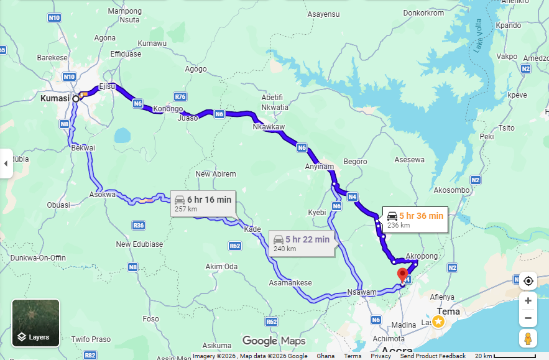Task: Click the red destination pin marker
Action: pyautogui.click(x=402, y=274)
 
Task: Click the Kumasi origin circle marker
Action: pyautogui.click(x=76, y=98)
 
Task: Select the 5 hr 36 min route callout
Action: pyautogui.click(x=415, y=219)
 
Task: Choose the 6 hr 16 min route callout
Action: pyautogui.click(x=203, y=203)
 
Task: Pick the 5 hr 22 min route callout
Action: pyautogui.click(x=301, y=243)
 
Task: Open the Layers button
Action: pyautogui.click(x=36, y=323)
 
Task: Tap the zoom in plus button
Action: pyautogui.click(x=528, y=300)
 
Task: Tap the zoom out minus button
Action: pyautogui.click(x=528, y=318)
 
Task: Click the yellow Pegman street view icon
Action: pyautogui.click(x=528, y=339)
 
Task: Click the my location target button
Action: pyautogui.click(x=528, y=280)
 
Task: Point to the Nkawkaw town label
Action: pyautogui.click(x=269, y=127)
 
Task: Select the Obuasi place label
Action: pyautogui.click(x=58, y=205)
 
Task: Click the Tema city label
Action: pyautogui.click(x=448, y=311)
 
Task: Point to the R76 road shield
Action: pyautogui.click(x=180, y=96)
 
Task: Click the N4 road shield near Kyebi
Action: pyautogui.click(x=353, y=197)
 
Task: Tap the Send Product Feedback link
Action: pyautogui.click(x=432, y=356)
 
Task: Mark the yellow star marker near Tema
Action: pyautogui.click(x=438, y=321)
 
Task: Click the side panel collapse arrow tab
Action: pyautogui.click(x=6, y=164)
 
